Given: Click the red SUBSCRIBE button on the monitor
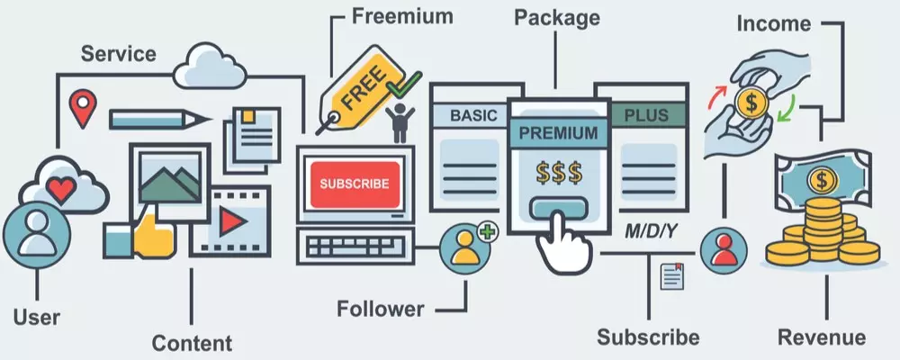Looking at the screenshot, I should (x=355, y=184).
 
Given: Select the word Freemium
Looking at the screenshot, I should (x=401, y=16).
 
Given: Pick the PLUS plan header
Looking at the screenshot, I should (x=646, y=116).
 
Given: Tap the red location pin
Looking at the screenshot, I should (x=83, y=105).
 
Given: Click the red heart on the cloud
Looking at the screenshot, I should (x=60, y=188).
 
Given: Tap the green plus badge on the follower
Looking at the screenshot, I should (x=488, y=232).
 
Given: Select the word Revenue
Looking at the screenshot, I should (x=822, y=337).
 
